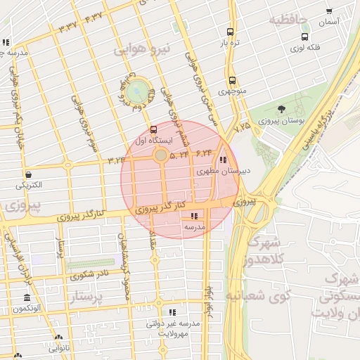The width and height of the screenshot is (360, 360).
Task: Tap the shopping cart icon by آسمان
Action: [330, 11]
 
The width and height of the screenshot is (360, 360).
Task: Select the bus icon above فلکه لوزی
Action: [304, 37]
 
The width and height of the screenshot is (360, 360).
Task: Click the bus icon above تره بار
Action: [230, 32]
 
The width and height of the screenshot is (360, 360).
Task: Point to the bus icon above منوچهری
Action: [232, 80]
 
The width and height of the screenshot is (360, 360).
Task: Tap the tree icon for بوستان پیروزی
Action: [281, 109]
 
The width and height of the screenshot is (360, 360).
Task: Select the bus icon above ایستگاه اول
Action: [153, 129]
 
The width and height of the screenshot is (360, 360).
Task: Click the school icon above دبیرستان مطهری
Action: [224, 160]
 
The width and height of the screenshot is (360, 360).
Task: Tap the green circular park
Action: [138, 91]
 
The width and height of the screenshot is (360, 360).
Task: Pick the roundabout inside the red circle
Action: [161, 154]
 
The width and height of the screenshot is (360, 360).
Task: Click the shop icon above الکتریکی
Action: [28, 174]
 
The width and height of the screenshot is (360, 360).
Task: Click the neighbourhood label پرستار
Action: [91, 298]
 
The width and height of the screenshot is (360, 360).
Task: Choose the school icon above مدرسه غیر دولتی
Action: [172, 312]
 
